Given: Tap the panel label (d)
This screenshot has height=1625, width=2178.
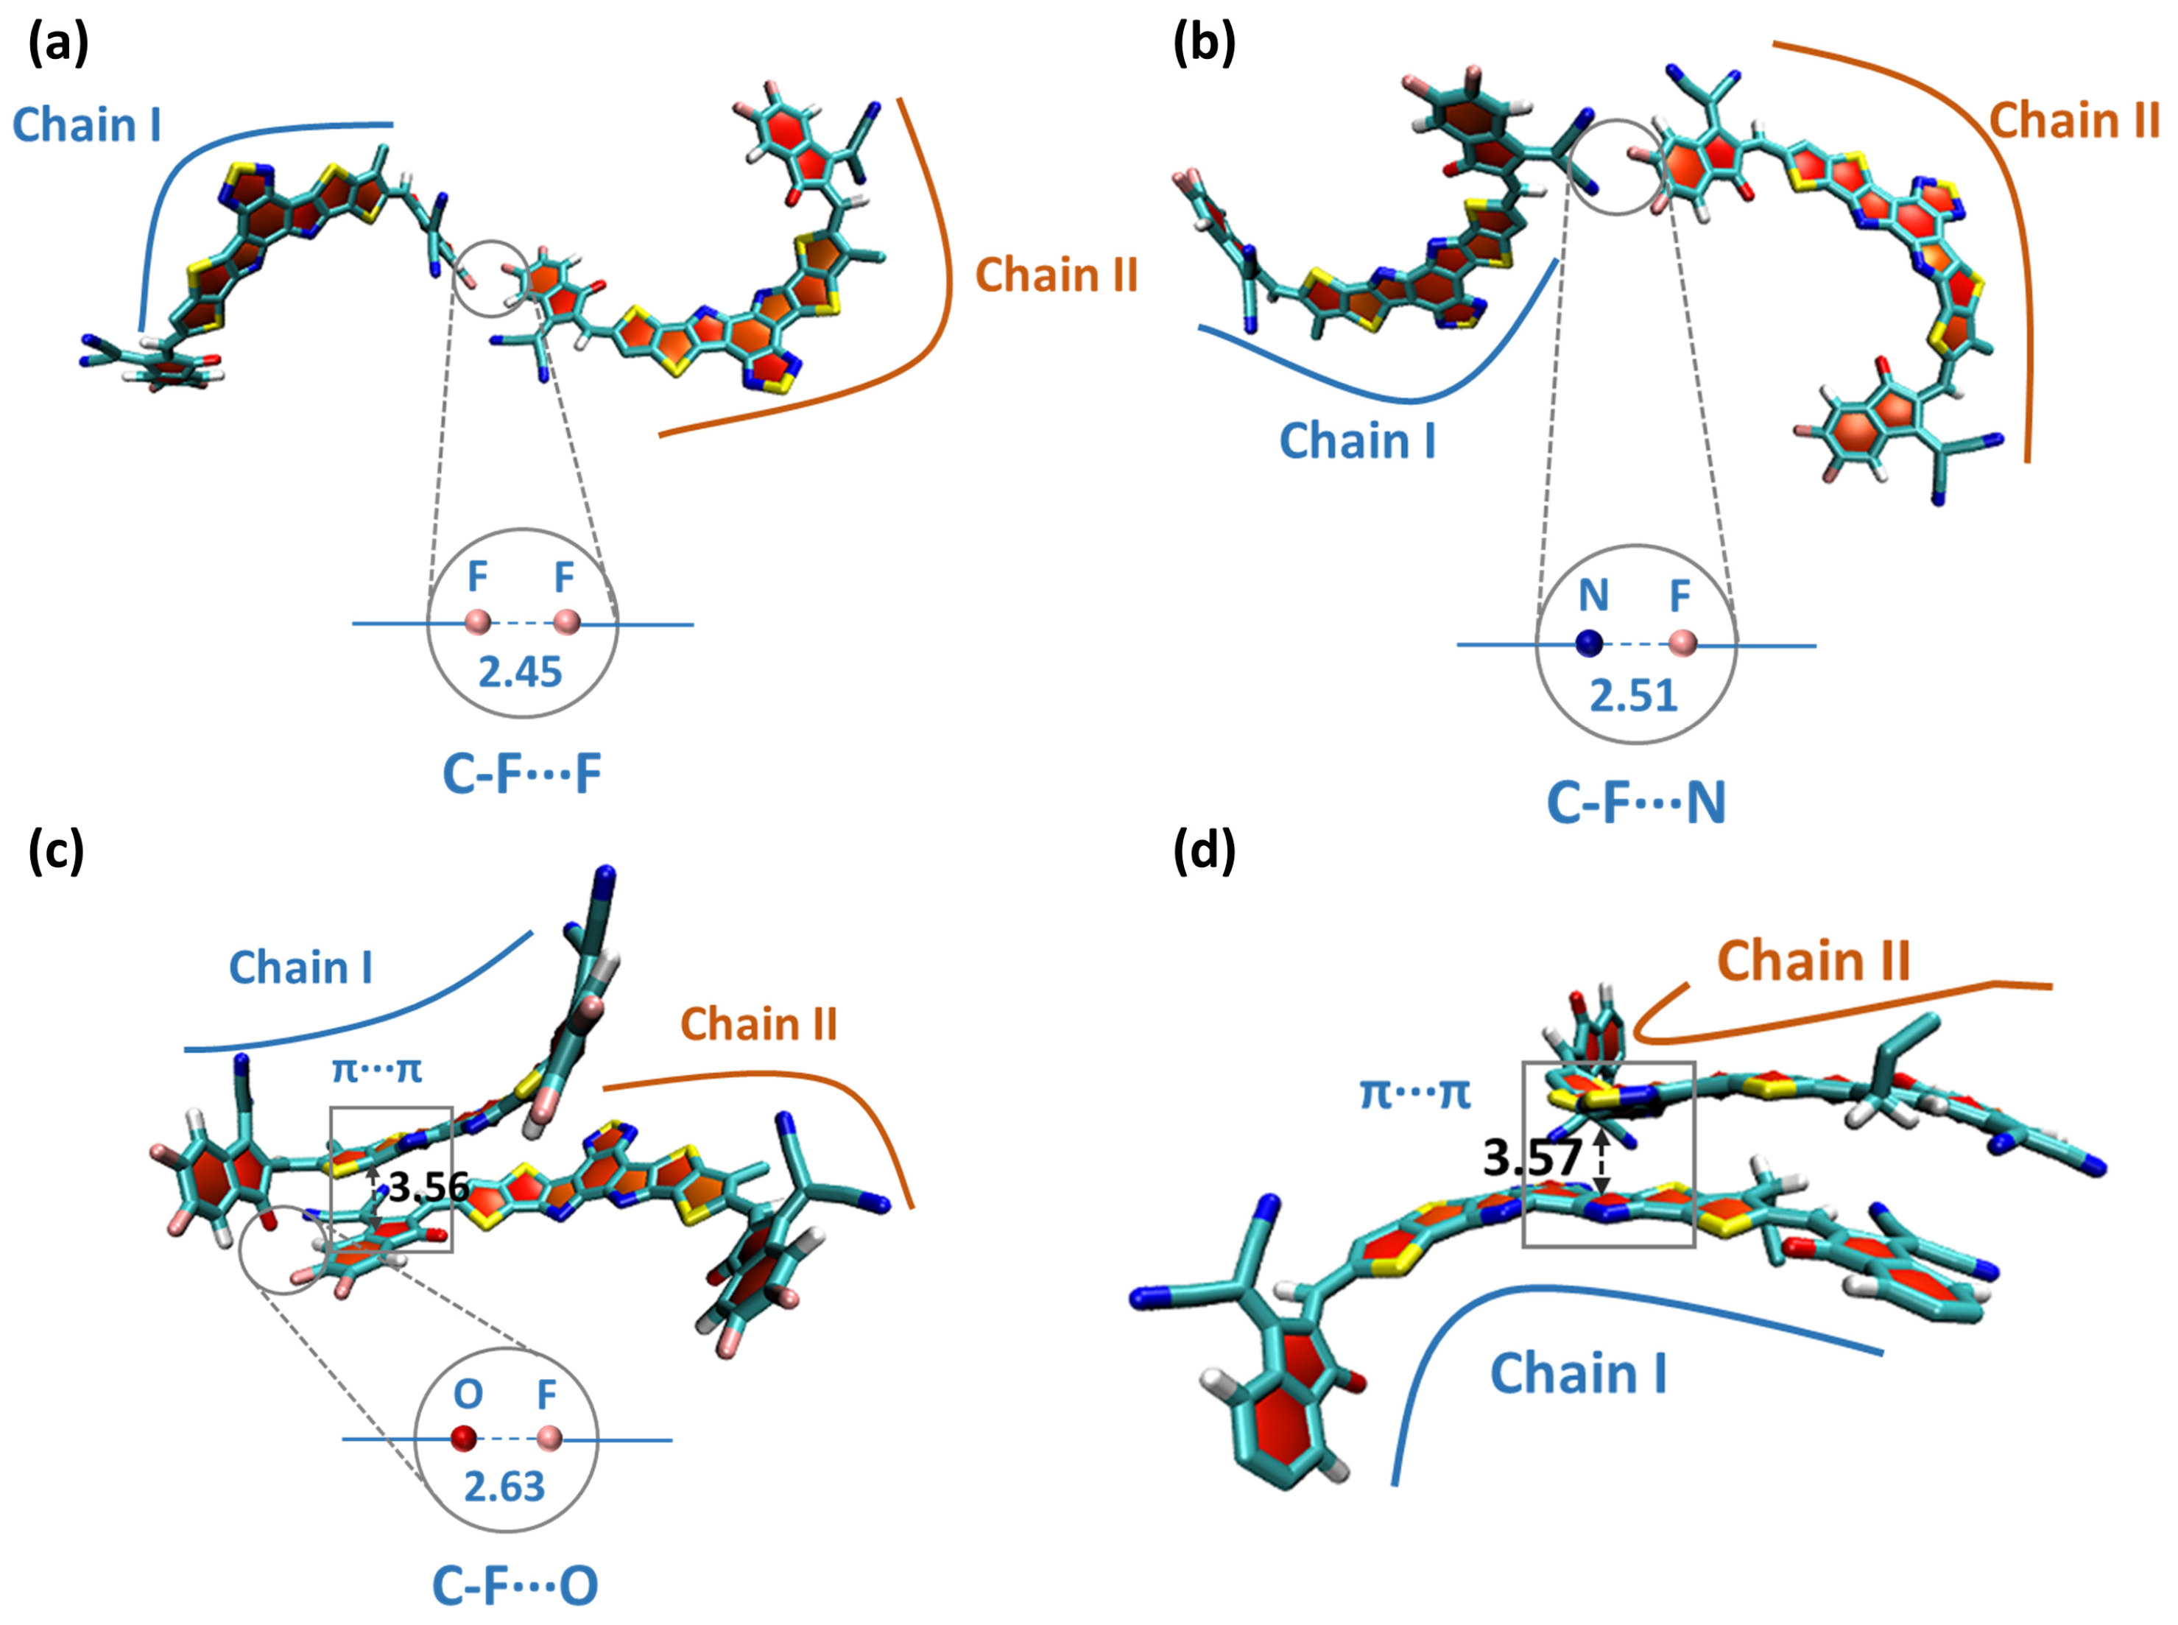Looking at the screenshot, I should point(1203,849).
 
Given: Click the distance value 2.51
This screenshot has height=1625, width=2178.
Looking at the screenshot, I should point(1633,697).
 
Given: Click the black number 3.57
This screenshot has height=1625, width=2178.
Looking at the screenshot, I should point(1532,1157).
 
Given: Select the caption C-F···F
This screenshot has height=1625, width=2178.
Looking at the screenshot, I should point(521,774).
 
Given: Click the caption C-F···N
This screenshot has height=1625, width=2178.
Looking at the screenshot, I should point(1636,803).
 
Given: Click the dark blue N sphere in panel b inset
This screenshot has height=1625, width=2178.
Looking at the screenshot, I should point(1589,644).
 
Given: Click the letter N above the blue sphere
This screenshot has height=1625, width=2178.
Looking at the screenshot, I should point(1593,595).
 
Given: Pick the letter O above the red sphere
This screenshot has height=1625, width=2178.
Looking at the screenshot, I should point(468,1394).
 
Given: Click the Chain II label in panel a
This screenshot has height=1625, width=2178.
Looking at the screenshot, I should point(1056,275).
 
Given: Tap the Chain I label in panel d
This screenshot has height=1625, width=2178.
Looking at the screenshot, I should point(1578,1373).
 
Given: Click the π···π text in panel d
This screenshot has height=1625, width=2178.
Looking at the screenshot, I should point(1414,1093).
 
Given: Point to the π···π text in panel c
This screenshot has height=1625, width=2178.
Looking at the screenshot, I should point(377,1069).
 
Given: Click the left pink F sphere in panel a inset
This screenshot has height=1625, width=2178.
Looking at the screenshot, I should point(477,621).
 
